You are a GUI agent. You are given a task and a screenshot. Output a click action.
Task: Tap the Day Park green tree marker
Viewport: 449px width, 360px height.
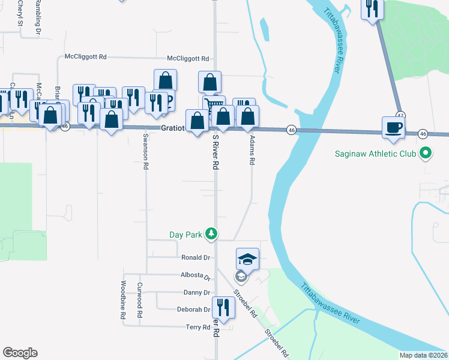(x=211, y=234)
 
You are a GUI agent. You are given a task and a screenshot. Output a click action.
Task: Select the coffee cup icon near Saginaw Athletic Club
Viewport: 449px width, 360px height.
(x=394, y=128)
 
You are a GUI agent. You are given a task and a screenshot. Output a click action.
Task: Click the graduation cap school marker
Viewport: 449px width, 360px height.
(x=247, y=259)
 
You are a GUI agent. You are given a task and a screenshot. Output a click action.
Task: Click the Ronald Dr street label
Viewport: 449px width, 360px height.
(x=196, y=257)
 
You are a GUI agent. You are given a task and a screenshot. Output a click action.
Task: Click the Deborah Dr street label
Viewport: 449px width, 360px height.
(x=193, y=310)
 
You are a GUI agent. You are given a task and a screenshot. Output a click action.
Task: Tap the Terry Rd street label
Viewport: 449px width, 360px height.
(x=197, y=327)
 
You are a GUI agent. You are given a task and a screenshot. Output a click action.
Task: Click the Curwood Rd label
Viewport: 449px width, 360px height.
(x=139, y=300)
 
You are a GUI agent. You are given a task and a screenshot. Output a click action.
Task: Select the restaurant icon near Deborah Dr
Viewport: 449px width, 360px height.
(x=223, y=308)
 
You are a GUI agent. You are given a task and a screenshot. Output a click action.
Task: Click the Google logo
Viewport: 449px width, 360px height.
(x=20, y=353)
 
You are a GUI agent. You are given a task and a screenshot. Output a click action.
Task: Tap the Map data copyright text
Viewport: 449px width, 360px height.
(x=423, y=355)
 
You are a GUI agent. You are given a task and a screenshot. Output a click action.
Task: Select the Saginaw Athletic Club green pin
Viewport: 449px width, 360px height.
(x=425, y=154)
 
